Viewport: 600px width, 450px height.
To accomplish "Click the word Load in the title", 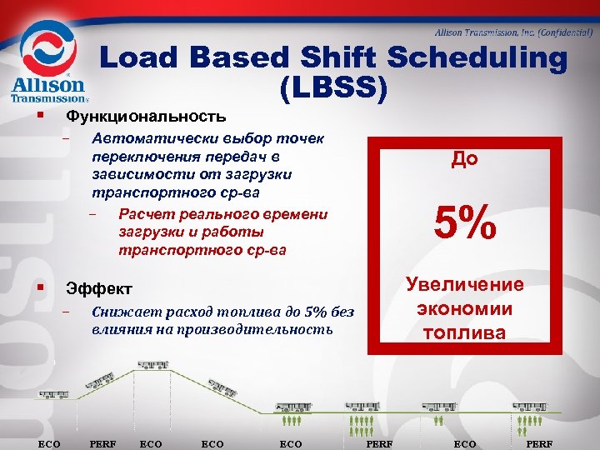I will [143, 58].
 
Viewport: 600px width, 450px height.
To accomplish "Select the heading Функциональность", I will [146, 115].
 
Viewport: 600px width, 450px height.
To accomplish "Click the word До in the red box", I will [465, 158].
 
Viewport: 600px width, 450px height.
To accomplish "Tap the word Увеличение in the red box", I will [464, 284].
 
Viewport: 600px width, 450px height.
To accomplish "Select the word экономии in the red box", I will [464, 309].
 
